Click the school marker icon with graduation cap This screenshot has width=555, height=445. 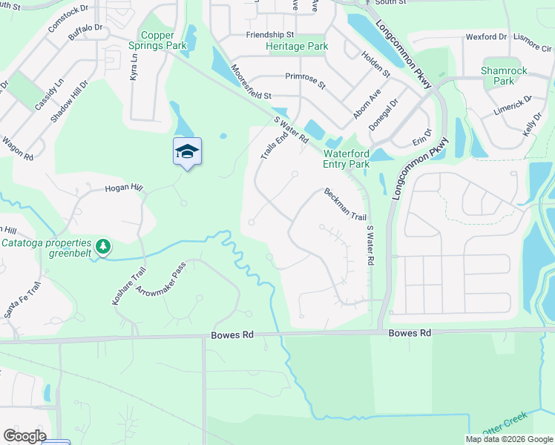tap(187, 151)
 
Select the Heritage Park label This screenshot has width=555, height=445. tap(297, 46)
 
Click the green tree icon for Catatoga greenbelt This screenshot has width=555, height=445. tap(104, 244)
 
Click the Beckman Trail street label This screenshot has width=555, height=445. tap(345, 204)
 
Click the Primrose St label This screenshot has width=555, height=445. tap(305, 79)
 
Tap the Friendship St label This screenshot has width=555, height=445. tap(270, 35)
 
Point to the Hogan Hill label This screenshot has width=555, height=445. tap(123, 188)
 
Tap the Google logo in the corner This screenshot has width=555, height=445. tap(24, 436)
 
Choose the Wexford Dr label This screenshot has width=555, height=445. tap(486, 36)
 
